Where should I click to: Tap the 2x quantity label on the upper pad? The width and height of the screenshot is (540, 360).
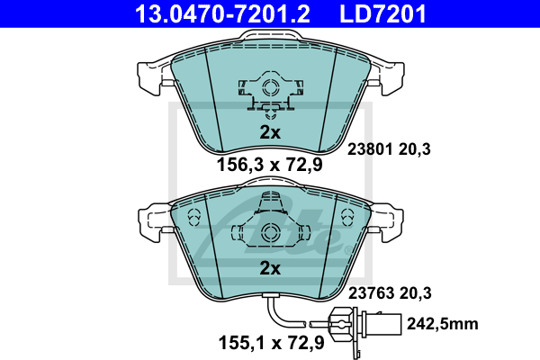[x=270, y=132]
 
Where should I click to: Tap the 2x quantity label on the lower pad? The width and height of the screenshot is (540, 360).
[x=270, y=268]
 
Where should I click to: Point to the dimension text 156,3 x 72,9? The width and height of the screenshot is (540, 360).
[x=270, y=165]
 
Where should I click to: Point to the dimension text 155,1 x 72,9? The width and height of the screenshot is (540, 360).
[x=270, y=342]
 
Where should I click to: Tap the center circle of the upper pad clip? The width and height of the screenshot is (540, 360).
[x=270, y=88]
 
